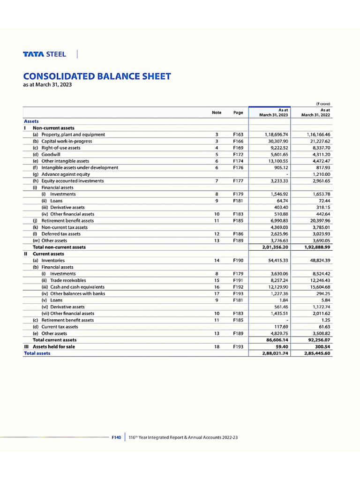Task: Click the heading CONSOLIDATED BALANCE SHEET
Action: [x=97, y=76]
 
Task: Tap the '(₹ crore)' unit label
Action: [x=323, y=104]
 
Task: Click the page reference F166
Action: [x=238, y=141]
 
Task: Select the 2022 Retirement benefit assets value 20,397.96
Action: [x=318, y=220]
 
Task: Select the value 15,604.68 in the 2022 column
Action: [x=318, y=287]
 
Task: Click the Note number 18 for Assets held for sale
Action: [x=217, y=346]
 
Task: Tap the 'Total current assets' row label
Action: [x=54, y=340]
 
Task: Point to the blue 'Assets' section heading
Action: [x=31, y=121]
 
